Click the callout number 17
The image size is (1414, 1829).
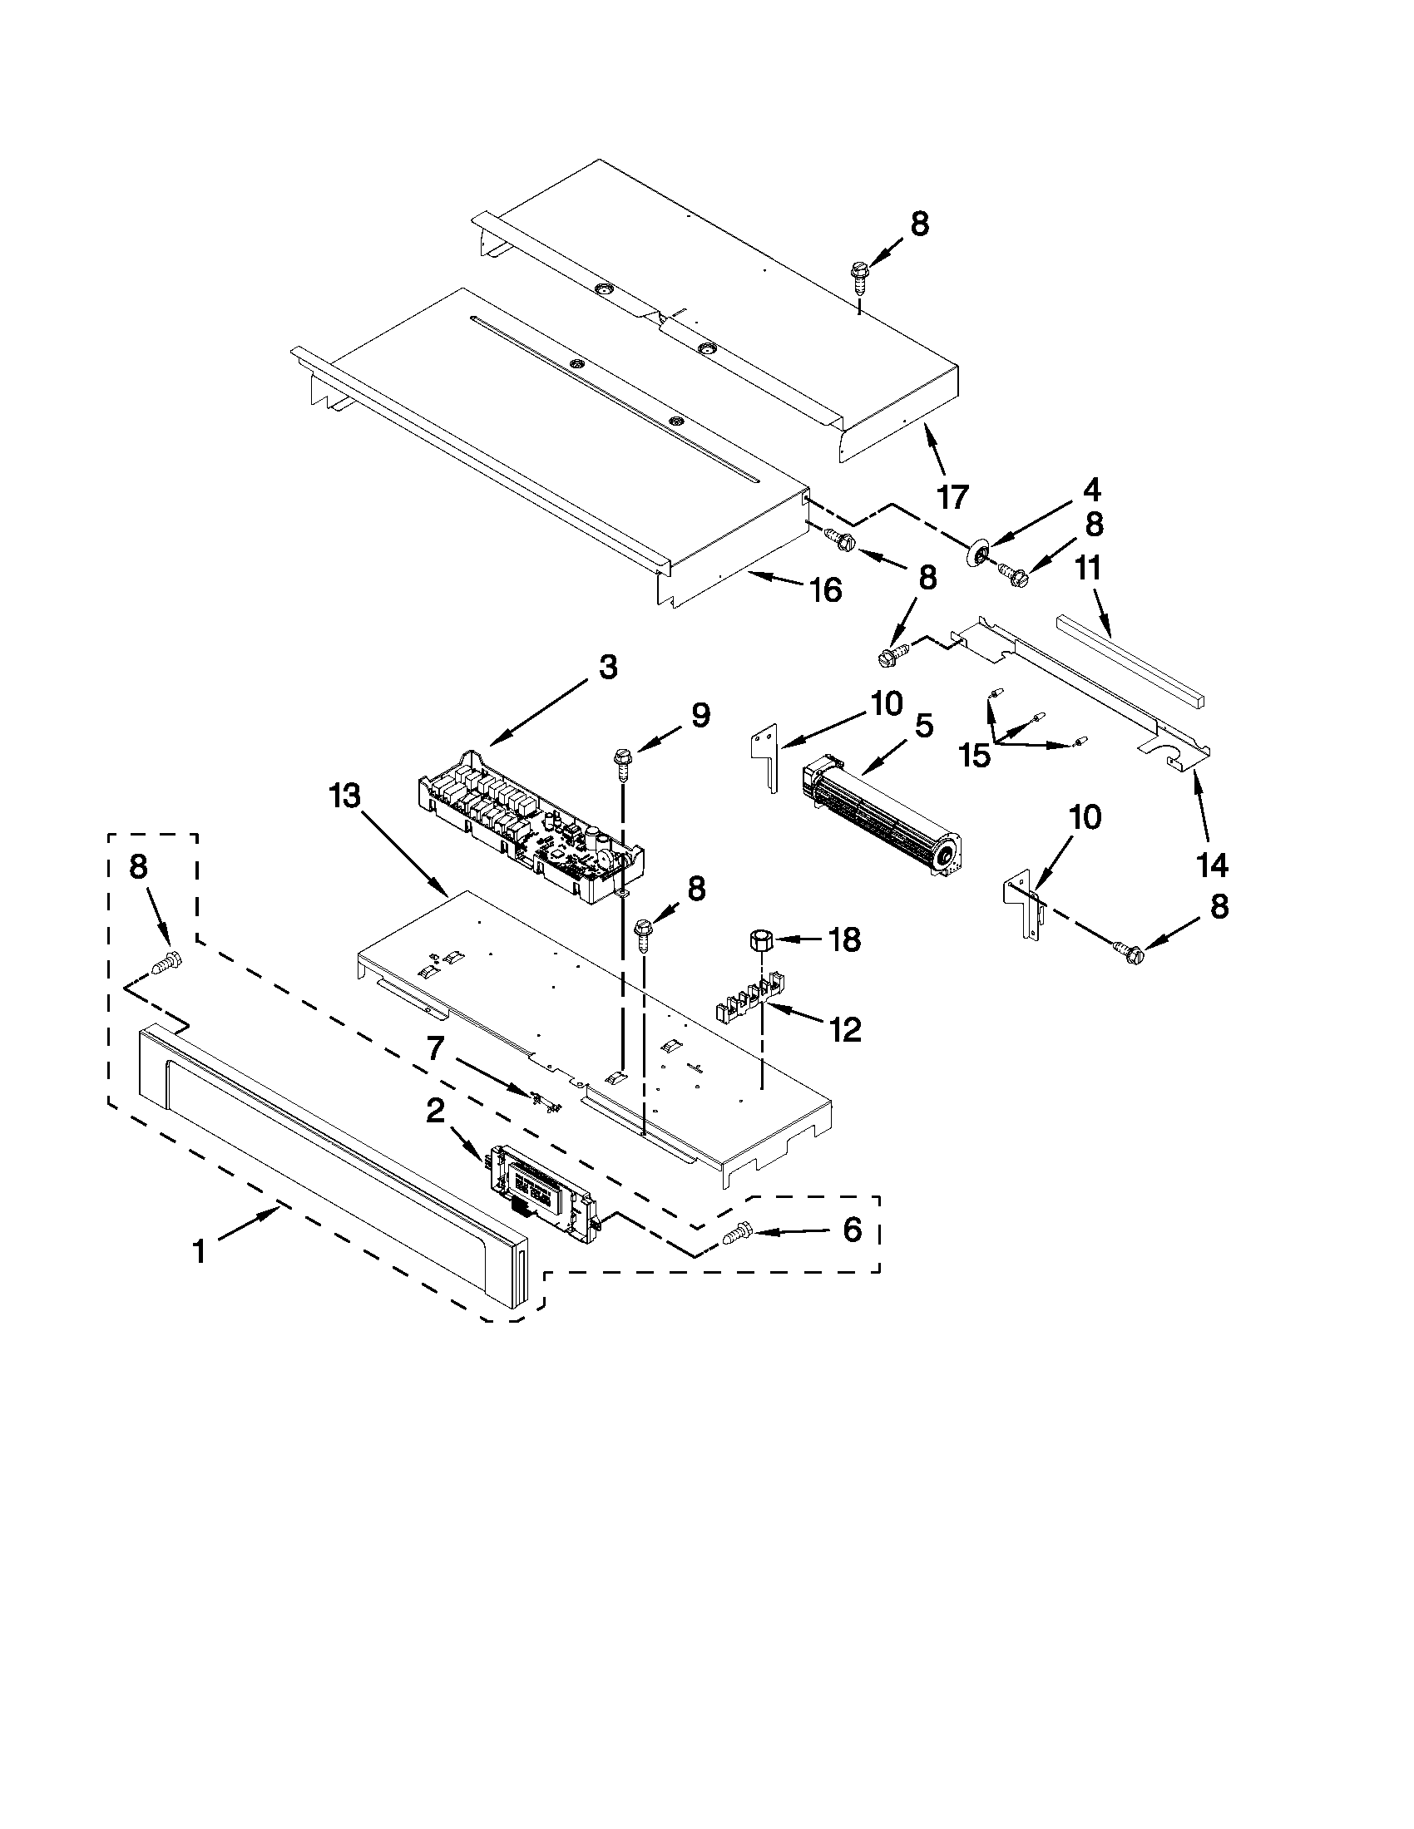pos(952,495)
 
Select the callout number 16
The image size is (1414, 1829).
pos(825,590)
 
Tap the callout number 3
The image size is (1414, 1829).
pos(607,668)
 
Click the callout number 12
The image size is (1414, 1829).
pos(845,1029)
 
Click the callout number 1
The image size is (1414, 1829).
pos(199,1253)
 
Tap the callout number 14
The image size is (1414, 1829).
pos(1212,865)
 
